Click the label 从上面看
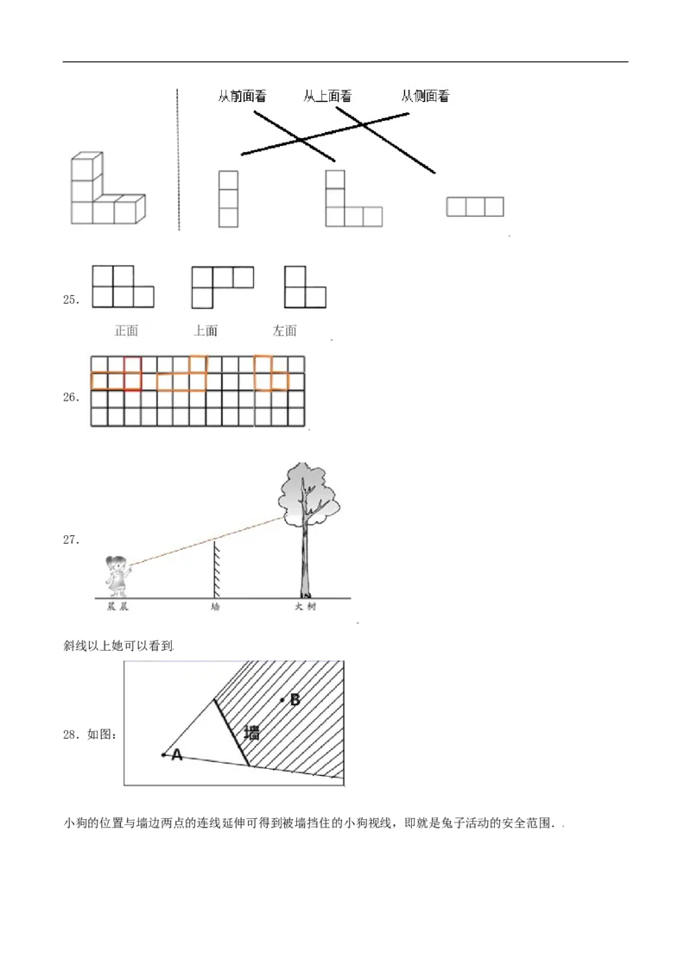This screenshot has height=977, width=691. click(x=327, y=97)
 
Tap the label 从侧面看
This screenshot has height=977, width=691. click(x=425, y=97)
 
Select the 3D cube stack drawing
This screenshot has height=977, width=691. click(x=107, y=191)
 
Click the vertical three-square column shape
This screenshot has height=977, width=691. click(x=228, y=199)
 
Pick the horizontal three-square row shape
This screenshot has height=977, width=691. click(x=475, y=206)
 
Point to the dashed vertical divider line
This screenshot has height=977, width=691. click(x=179, y=159)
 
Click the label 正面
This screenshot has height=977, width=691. click(x=126, y=330)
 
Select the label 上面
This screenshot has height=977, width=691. click(x=206, y=330)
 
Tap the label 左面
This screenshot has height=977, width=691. click(x=285, y=330)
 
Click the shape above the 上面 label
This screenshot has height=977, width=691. click(x=221, y=286)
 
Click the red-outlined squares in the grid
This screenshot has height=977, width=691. click(x=125, y=374)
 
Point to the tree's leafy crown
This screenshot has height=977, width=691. click(x=307, y=494)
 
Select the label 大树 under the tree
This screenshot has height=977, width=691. click(x=305, y=608)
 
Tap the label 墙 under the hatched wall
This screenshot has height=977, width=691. click(x=215, y=608)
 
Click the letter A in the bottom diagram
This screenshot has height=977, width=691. click(x=176, y=755)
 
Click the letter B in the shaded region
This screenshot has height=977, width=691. click(x=295, y=700)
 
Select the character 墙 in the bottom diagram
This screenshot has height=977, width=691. click(x=252, y=733)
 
